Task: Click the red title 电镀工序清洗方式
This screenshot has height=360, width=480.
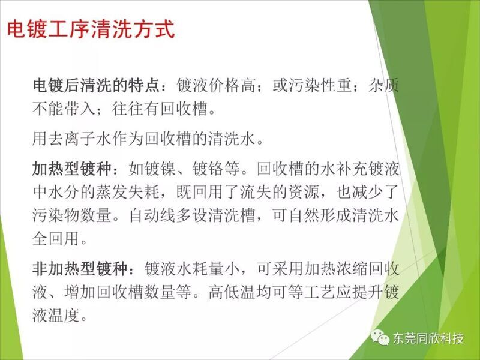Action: pos(91,29)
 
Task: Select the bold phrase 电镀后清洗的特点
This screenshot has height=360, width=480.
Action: pos(96,85)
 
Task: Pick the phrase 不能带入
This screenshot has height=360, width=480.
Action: pos(64,109)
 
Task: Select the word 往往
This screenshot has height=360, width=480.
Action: pos(128,109)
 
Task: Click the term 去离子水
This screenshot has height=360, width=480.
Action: pos(80,139)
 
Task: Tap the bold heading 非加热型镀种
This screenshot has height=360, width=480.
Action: pos(80,268)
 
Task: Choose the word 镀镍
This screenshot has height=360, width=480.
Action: pos(160,169)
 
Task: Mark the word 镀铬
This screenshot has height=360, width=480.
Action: pos(208,169)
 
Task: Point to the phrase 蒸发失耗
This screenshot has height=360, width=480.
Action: pos(128,191)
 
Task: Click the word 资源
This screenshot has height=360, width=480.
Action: pos(304,191)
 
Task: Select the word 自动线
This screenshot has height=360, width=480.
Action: pos(152,215)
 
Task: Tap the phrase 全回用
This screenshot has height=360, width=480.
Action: pos(56,238)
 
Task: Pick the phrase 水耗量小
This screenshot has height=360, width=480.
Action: pos(207,268)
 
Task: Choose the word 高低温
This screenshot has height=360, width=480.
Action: pos(232,292)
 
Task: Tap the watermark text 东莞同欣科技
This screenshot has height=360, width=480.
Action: pos(428,338)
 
